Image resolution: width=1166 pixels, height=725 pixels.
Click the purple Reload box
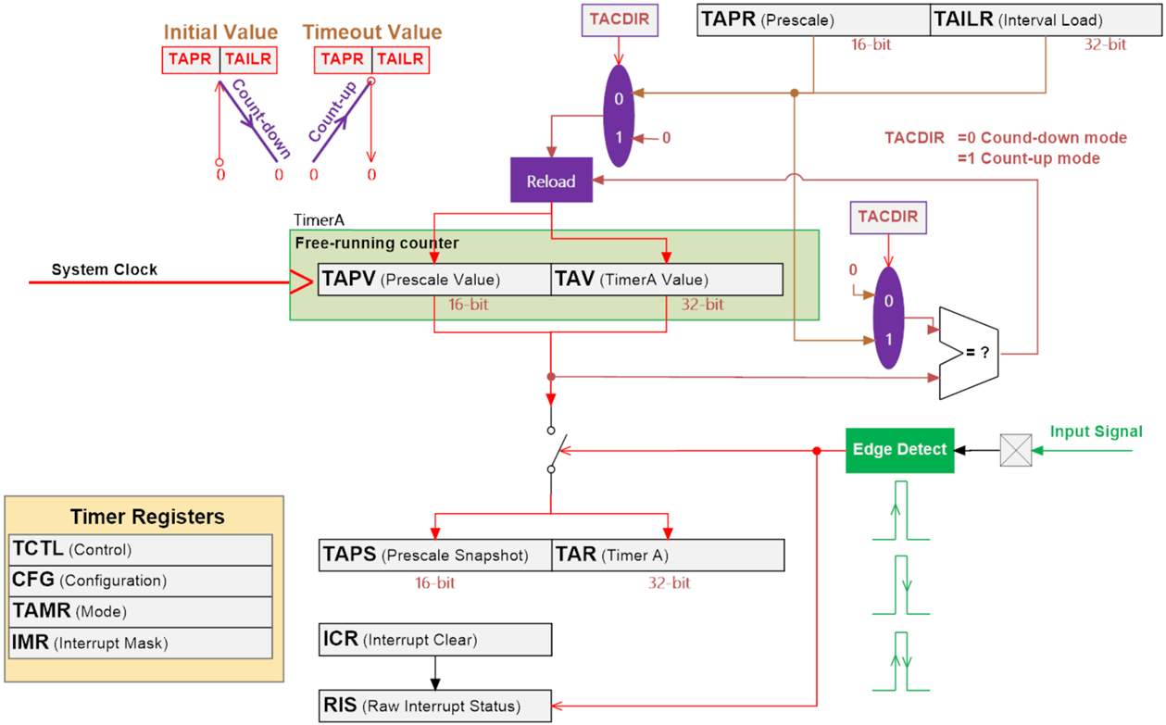(551, 181)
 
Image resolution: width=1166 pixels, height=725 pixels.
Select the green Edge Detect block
(899, 449)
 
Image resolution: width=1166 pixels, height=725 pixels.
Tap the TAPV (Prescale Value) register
(434, 280)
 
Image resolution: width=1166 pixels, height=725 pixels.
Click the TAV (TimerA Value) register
(667, 280)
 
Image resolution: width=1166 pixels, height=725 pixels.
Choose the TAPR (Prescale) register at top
(813, 19)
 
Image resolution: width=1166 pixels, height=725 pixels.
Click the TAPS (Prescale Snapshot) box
(434, 555)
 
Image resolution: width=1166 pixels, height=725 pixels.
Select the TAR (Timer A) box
(668, 555)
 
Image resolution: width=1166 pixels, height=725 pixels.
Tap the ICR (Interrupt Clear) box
(434, 640)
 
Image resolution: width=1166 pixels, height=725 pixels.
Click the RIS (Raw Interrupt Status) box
(434, 706)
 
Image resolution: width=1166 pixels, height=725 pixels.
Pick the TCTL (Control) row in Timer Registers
(141, 549)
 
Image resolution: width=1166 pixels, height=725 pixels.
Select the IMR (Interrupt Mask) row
(141, 643)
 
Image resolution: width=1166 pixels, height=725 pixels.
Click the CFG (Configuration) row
(141, 581)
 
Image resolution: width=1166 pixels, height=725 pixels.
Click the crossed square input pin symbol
(1016, 450)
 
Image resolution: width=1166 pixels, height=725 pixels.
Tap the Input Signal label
(1096, 431)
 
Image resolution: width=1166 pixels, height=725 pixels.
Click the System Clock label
(104, 269)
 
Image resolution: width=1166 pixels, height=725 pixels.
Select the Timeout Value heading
(371, 32)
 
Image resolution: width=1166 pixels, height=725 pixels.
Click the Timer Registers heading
(147, 517)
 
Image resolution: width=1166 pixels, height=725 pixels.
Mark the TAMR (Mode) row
(141, 612)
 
